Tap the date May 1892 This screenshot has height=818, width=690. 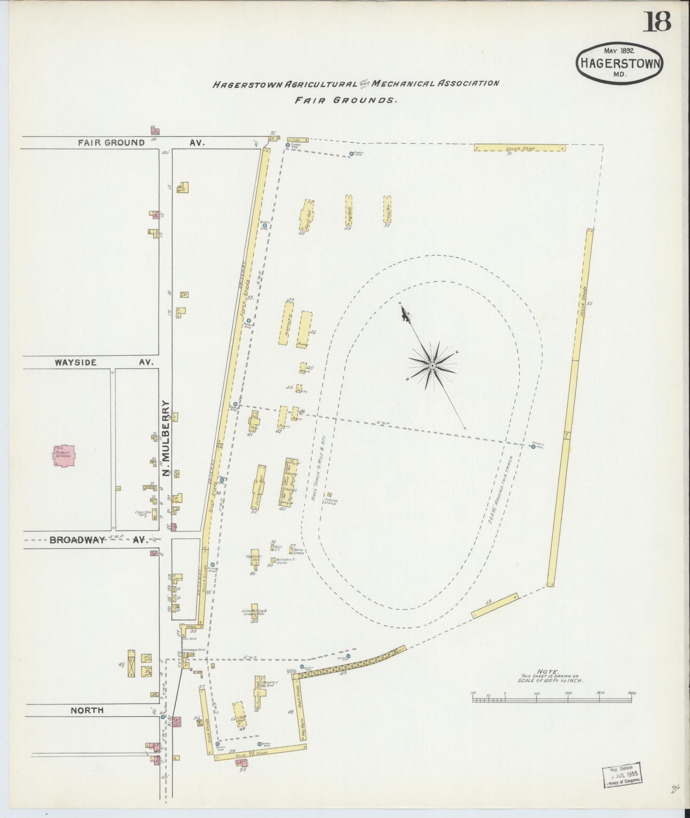point(619,51)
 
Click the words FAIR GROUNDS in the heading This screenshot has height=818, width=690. point(346,100)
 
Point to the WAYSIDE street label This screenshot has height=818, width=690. point(76,362)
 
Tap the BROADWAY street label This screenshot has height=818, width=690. point(77,540)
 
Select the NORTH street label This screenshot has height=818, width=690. point(87,710)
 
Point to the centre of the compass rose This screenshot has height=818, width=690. point(432,366)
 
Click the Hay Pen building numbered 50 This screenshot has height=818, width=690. point(387,209)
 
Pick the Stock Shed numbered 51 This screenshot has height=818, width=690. point(520,148)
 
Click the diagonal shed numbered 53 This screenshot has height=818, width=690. point(494,605)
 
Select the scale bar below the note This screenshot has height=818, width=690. point(552,699)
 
